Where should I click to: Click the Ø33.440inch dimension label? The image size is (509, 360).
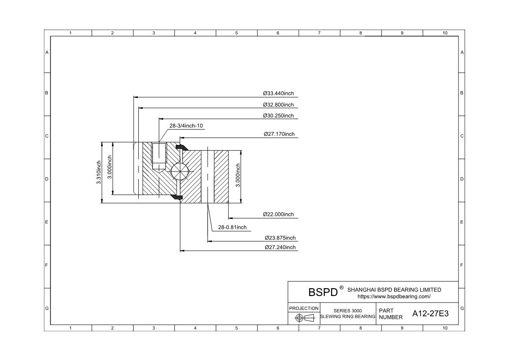pyautogui.click(x=278, y=94)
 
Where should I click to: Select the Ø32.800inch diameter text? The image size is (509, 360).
pyautogui.click(x=278, y=105)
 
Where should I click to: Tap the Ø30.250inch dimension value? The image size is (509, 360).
pyautogui.click(x=278, y=116)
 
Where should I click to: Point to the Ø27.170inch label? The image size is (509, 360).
pyautogui.click(x=279, y=134)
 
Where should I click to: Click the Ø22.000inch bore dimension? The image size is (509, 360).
pyautogui.click(x=278, y=215)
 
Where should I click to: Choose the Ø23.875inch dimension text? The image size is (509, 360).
pyautogui.click(x=280, y=238)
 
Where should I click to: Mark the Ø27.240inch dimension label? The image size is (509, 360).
pyautogui.click(x=280, y=248)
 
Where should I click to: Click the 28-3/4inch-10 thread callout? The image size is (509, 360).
pyautogui.click(x=186, y=126)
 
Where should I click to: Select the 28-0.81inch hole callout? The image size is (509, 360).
pyautogui.click(x=232, y=227)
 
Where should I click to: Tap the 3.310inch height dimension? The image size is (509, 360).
pyautogui.click(x=99, y=172)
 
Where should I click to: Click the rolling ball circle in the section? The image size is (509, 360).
pyautogui.click(x=180, y=172)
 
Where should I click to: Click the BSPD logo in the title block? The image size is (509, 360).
pyautogui.click(x=323, y=292)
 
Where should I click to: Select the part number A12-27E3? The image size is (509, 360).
pyautogui.click(x=430, y=313)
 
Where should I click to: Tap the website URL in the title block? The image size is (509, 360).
pyautogui.click(x=394, y=296)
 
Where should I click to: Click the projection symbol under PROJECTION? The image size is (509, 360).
pyautogui.click(x=304, y=318)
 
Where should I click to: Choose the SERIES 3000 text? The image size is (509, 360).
pyautogui.click(x=348, y=311)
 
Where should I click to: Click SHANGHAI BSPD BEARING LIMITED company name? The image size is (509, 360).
pyautogui.click(x=394, y=289)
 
